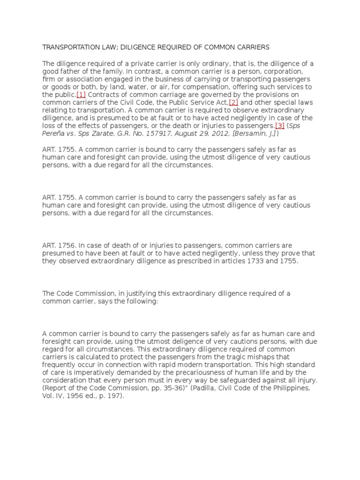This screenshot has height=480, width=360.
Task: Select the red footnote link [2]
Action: [x=234, y=103]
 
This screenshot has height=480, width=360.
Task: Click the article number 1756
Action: [x=67, y=245]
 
